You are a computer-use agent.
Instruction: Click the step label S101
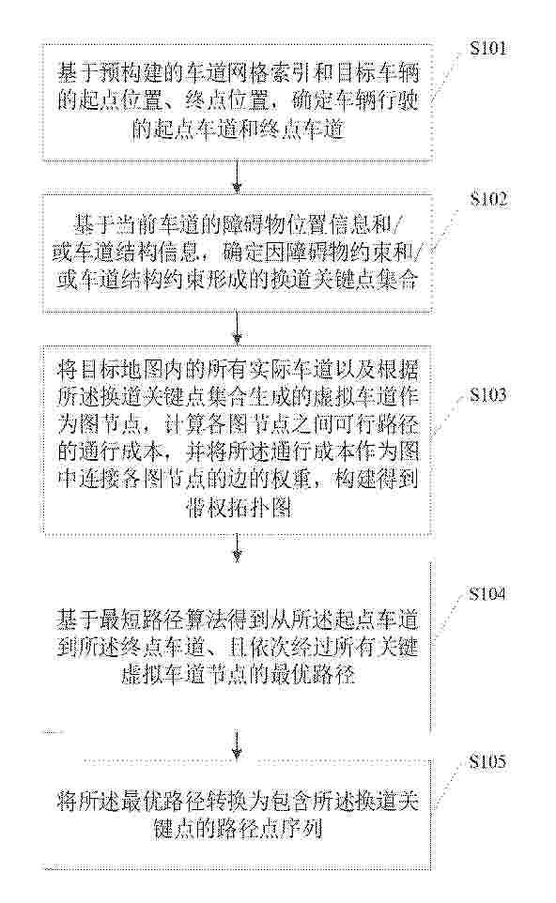[488, 48]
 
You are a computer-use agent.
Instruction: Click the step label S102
[488, 199]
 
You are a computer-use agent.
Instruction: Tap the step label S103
[488, 394]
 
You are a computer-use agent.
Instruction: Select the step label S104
[487, 594]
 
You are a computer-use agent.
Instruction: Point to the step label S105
[487, 762]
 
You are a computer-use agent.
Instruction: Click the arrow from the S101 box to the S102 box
[237, 176]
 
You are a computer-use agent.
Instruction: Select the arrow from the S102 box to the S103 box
[237, 329]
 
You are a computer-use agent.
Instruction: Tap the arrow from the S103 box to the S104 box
[237, 547]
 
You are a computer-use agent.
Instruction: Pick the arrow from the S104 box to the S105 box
[237, 745]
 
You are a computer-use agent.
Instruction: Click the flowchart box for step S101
[237, 102]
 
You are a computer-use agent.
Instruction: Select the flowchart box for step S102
[237, 253]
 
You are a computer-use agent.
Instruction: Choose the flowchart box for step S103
[237, 440]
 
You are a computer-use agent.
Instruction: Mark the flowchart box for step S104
[237, 646]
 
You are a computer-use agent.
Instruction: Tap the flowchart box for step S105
[237, 813]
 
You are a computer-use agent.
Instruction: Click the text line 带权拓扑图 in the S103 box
[239, 508]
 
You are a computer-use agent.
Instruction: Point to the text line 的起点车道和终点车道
[238, 129]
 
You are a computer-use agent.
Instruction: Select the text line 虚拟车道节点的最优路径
[238, 673]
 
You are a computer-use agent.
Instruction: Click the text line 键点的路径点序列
[238, 828]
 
